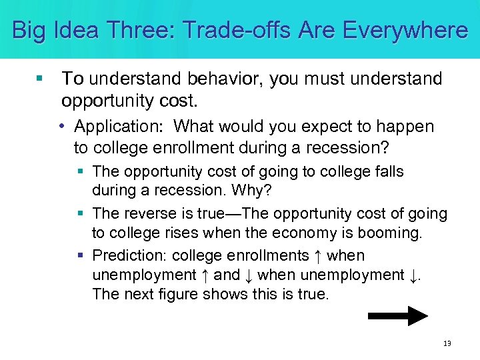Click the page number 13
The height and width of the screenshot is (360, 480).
(447, 343)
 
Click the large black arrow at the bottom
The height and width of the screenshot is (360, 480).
(397, 315)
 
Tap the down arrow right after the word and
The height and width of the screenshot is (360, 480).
(248, 275)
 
